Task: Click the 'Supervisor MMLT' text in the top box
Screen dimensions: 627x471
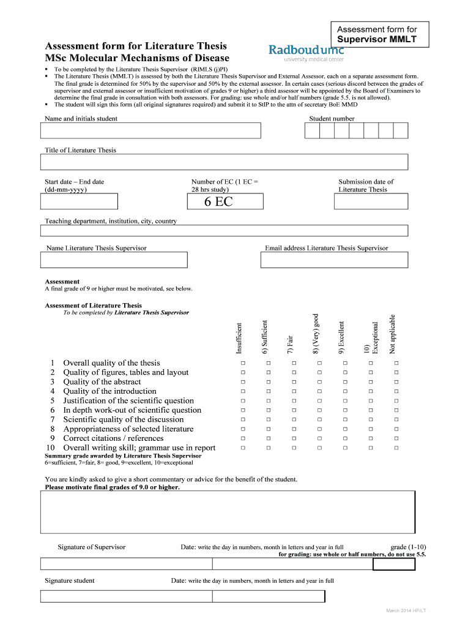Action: (x=382, y=39)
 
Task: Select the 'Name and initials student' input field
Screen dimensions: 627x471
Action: (x=150, y=131)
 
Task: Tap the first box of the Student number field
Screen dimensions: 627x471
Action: (x=312, y=131)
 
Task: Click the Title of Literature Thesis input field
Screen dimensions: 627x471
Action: (x=224, y=162)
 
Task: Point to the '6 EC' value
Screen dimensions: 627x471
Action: (x=218, y=202)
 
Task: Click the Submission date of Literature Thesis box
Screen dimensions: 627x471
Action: (x=371, y=202)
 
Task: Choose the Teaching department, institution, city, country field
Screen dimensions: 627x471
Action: (x=224, y=231)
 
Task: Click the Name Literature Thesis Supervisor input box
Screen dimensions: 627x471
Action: (x=114, y=260)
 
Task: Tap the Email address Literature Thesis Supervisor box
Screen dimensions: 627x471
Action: (x=334, y=260)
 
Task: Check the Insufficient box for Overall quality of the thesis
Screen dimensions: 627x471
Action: (x=243, y=363)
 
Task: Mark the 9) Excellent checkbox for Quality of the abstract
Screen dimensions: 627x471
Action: (x=345, y=382)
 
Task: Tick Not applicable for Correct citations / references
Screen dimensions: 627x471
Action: (x=396, y=438)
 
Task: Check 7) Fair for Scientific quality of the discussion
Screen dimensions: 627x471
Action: (x=294, y=419)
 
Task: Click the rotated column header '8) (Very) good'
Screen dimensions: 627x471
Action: (x=316, y=334)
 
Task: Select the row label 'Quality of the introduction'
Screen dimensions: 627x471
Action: (x=109, y=391)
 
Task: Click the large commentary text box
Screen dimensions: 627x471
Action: (x=224, y=512)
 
